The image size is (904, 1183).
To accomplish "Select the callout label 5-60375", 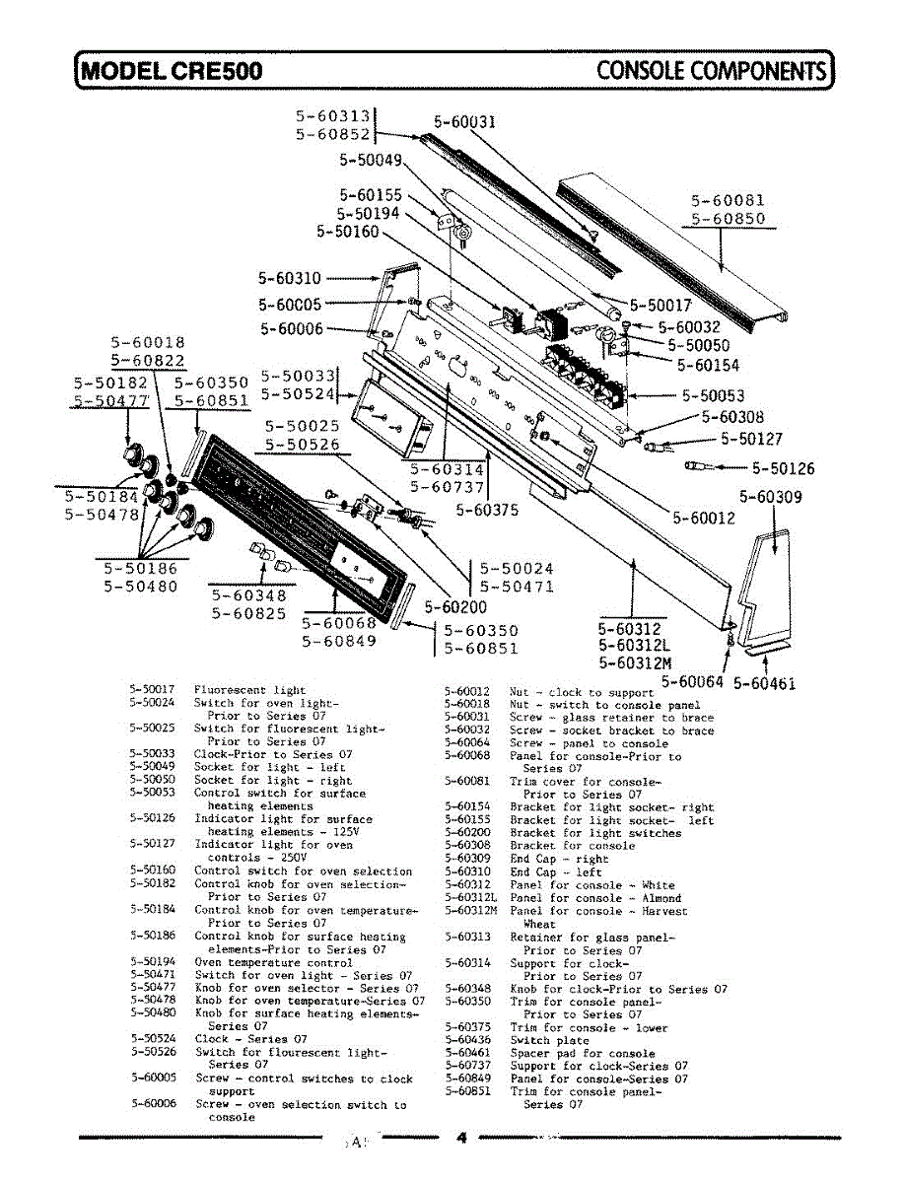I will coord(487,510).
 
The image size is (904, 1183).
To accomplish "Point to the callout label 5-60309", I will coord(771,497).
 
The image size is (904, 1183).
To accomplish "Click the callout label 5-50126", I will coord(784,468).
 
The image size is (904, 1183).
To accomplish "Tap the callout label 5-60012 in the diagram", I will coord(704,517).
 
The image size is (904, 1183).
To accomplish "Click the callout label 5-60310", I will coord(290,279).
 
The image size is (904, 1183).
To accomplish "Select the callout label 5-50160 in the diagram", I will coord(347,232).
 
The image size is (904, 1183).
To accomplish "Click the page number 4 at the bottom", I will coord(459,1137).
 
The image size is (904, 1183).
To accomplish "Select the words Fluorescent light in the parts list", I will coord(249,690).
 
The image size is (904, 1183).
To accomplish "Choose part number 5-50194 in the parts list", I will coord(152,961).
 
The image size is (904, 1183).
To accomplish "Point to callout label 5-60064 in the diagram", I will coord(692,681).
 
